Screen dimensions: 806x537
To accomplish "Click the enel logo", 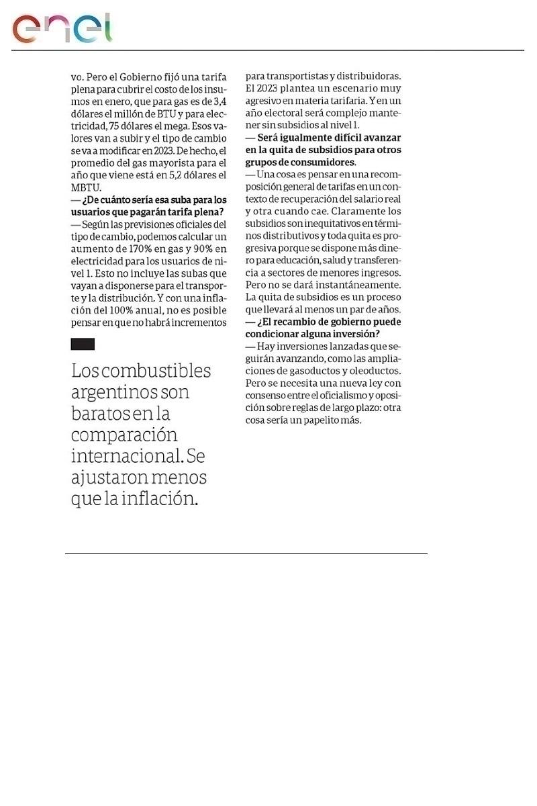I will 62,28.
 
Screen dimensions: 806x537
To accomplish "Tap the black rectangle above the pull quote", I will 83,344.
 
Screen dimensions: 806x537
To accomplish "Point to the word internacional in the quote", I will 125,457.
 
